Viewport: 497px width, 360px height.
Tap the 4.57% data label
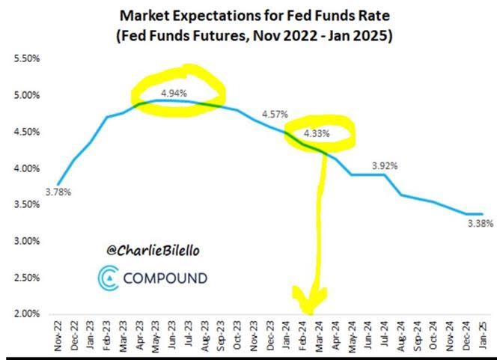tap(275, 114)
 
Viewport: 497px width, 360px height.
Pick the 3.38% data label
tap(479, 223)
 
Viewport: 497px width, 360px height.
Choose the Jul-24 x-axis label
tap(383, 335)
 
